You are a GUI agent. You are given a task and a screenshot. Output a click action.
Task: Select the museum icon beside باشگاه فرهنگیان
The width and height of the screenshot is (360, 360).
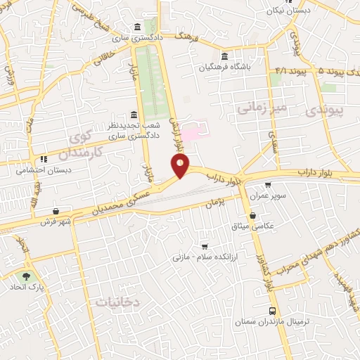(x=224, y=56)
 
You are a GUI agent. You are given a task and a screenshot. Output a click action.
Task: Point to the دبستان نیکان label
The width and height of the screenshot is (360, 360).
(x=290, y=11)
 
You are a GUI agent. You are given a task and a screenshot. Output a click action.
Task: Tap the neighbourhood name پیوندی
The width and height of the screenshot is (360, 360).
(x=326, y=111)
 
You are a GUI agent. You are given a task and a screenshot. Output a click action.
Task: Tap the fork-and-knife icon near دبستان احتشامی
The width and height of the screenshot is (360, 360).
(x=44, y=159)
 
